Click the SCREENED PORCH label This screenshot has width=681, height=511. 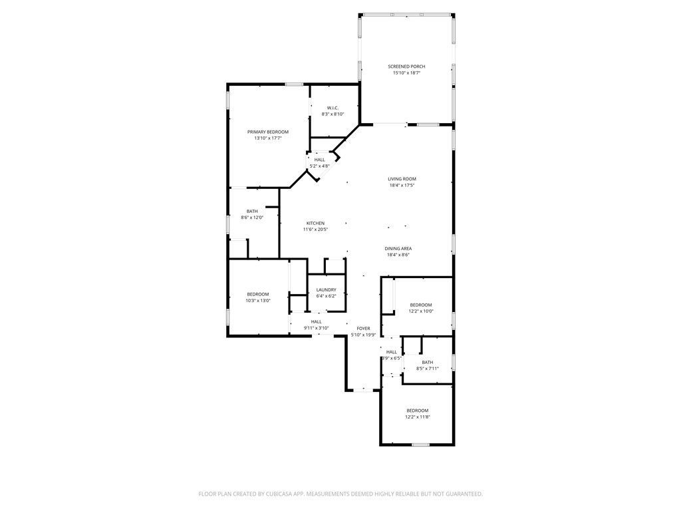(x=406, y=67)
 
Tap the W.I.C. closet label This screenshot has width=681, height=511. (x=333, y=108)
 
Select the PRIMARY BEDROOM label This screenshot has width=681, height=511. (x=268, y=132)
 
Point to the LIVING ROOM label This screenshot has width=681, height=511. (x=402, y=179)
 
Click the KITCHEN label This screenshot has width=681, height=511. (x=315, y=223)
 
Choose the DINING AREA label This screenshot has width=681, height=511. (x=399, y=248)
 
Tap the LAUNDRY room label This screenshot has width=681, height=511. (x=326, y=289)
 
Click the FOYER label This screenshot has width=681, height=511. (x=363, y=328)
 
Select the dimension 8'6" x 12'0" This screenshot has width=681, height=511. (x=252, y=218)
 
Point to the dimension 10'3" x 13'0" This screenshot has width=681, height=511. (x=258, y=301)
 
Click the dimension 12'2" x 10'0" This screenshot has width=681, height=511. (x=420, y=311)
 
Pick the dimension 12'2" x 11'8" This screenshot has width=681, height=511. (x=418, y=417)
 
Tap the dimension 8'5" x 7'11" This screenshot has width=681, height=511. (x=427, y=369)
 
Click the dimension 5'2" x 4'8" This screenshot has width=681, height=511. (x=320, y=166)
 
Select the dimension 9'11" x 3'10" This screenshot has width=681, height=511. (x=317, y=328)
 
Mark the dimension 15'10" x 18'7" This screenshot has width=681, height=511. (x=406, y=73)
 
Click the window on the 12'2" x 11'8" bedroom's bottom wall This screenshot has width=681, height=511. (x=420, y=444)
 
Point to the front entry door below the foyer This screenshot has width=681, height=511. (x=363, y=391)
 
